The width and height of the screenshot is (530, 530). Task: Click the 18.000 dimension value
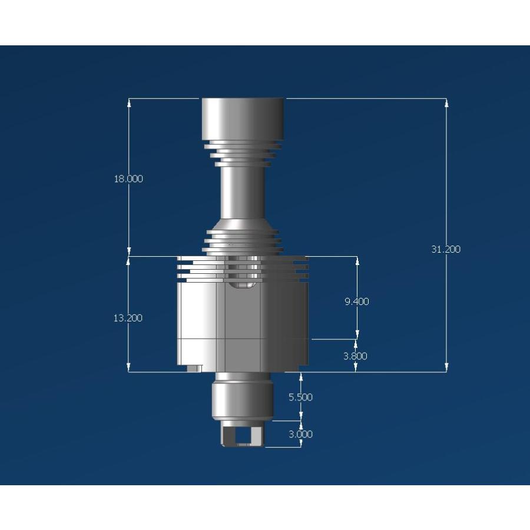(128, 179)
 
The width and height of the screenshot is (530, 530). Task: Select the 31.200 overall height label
(446, 249)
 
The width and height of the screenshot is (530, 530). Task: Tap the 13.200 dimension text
(128, 318)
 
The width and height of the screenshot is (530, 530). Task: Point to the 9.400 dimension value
(357, 302)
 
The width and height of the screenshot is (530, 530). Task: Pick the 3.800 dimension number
(356, 356)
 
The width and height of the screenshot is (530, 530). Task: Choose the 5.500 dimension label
(300, 397)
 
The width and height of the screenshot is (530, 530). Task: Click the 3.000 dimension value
(300, 434)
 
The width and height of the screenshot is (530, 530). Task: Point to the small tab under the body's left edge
(194, 368)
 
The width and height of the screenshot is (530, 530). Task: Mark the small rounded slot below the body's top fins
(243, 285)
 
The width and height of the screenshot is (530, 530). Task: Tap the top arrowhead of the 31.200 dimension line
(446, 102)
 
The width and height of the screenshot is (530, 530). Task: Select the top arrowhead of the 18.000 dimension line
(129, 102)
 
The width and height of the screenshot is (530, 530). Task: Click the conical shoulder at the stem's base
(243, 224)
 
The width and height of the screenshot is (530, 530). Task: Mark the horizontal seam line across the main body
(243, 340)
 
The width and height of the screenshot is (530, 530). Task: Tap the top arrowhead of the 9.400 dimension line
(357, 260)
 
